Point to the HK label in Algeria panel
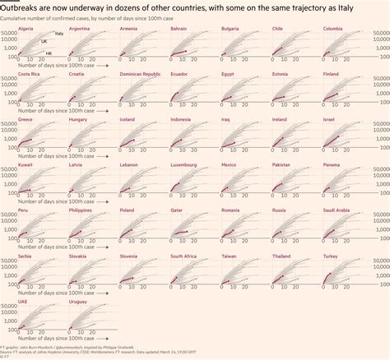49,53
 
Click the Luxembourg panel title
184,164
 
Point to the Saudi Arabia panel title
338,210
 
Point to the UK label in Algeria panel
44,40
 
